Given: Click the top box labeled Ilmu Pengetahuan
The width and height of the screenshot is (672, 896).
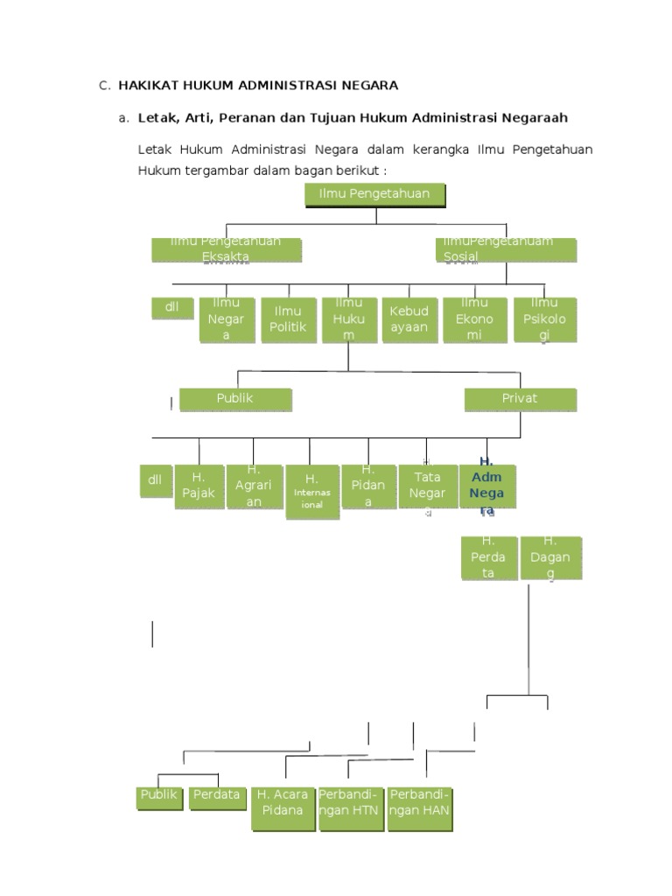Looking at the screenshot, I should (375, 194).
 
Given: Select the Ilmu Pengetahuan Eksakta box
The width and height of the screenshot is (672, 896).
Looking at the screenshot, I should (227, 249).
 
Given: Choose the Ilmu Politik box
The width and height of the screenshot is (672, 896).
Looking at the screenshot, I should (288, 319).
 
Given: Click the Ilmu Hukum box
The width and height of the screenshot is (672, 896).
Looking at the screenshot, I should (349, 319).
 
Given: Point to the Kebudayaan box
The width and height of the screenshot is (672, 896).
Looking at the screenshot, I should (409, 319).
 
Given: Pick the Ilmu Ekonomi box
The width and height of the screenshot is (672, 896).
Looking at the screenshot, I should (474, 319).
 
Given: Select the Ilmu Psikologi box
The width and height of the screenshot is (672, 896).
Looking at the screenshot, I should (544, 319).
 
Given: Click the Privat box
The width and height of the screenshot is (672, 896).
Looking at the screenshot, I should (520, 399).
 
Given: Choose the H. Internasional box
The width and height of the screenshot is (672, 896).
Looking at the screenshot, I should (311, 491).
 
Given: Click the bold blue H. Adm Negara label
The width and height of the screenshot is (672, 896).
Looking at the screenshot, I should (487, 486).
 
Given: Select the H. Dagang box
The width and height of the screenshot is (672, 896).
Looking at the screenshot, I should (549, 557).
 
